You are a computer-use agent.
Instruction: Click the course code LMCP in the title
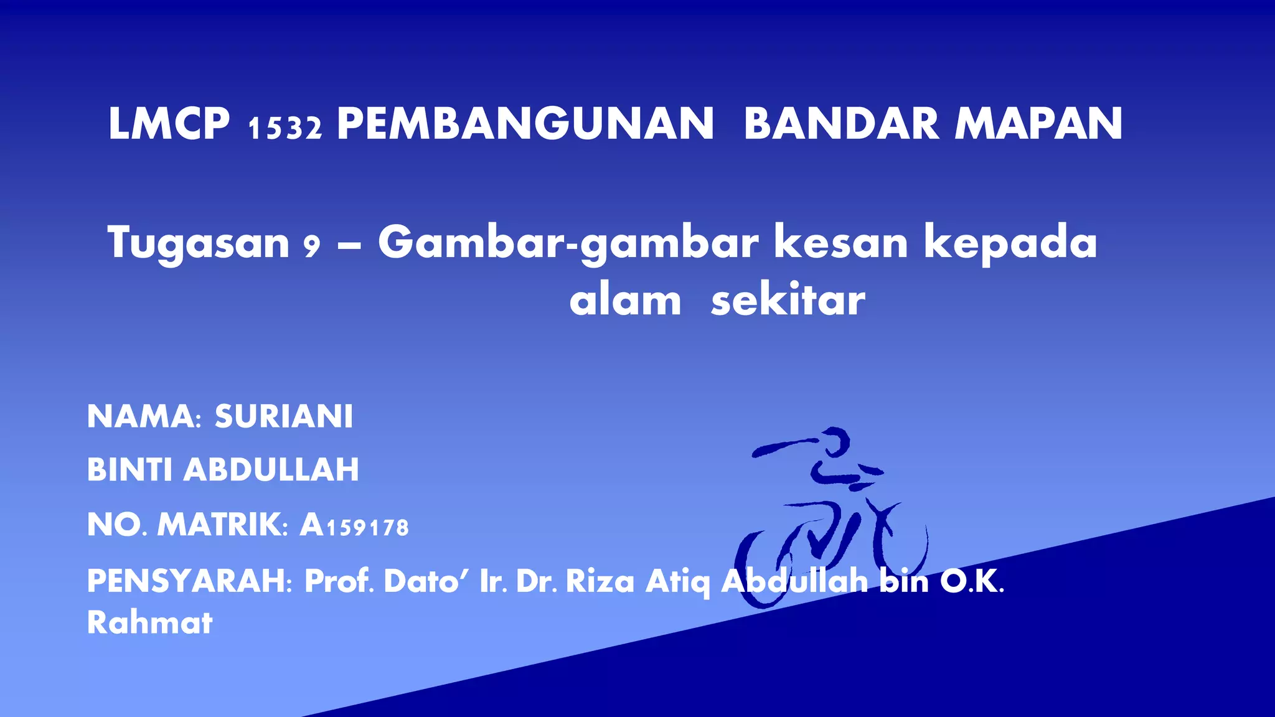click(x=169, y=124)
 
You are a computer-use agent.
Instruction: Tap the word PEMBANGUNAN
click(x=525, y=124)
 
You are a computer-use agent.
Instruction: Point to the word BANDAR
click(x=841, y=124)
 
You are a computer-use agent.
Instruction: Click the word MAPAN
click(x=1038, y=124)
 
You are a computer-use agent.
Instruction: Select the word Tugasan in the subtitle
click(x=199, y=243)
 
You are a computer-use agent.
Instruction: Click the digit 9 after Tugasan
click(x=311, y=246)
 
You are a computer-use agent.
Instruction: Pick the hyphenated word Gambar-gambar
click(x=568, y=243)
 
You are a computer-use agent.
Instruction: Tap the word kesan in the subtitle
click(x=841, y=242)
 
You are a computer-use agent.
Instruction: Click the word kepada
click(x=1010, y=243)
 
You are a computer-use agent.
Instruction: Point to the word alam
click(x=625, y=301)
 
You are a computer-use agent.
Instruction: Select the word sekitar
click(x=788, y=301)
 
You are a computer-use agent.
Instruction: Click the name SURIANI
click(x=284, y=416)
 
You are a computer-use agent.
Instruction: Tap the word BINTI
click(x=129, y=469)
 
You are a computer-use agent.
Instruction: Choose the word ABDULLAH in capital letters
click(x=271, y=469)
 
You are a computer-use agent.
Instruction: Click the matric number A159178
click(x=354, y=525)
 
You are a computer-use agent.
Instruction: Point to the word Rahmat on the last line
click(x=149, y=622)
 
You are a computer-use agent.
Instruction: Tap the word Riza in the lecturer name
click(x=600, y=582)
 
